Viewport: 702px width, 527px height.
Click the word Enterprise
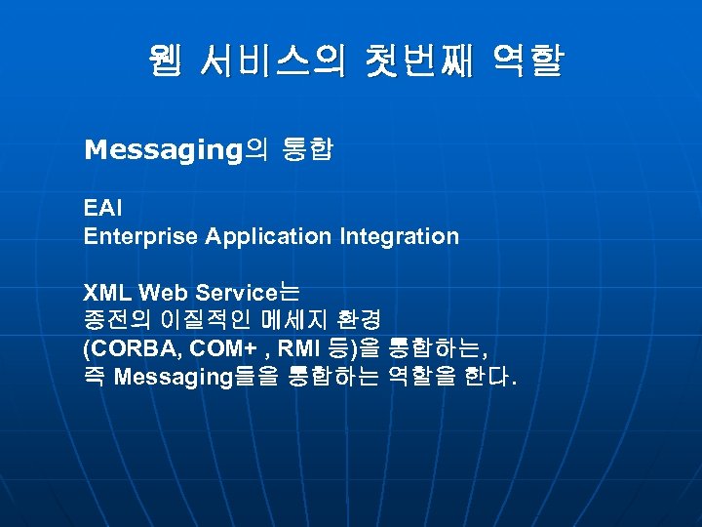point(138,236)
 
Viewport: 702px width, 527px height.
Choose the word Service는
point(249,292)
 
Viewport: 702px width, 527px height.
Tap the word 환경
point(360,320)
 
